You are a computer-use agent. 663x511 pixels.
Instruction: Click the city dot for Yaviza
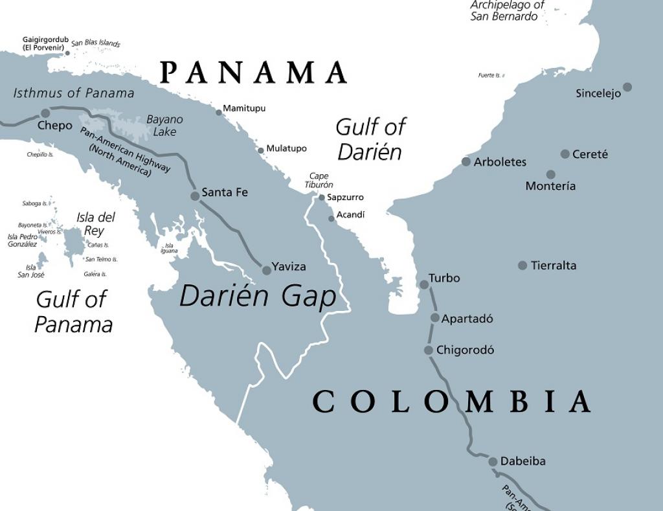point(266,270)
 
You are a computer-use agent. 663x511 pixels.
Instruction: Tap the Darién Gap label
point(258,296)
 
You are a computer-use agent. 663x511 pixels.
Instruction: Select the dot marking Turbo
point(424,284)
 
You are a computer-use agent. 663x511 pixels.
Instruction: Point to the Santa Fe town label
point(225,192)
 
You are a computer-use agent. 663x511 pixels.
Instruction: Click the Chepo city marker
point(45,113)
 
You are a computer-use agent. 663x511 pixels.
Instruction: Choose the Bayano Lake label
point(164,125)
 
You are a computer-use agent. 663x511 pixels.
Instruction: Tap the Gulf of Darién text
point(370,139)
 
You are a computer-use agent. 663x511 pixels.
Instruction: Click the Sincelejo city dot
point(627,87)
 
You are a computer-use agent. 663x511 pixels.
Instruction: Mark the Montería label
point(550,186)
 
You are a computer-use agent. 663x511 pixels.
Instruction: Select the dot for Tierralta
point(523,265)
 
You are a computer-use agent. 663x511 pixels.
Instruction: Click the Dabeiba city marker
point(493,461)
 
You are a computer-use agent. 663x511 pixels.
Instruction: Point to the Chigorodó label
point(465,350)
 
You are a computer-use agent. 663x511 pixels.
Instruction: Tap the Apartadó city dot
point(435,317)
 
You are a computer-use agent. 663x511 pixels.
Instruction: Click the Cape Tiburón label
point(319,180)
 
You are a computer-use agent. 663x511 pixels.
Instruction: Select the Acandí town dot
point(331,218)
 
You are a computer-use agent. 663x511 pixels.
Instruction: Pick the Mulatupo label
point(286,148)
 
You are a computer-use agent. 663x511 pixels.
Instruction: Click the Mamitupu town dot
point(219,112)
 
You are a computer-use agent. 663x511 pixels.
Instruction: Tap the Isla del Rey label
point(96,223)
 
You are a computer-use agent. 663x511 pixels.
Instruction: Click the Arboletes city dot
point(466,161)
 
